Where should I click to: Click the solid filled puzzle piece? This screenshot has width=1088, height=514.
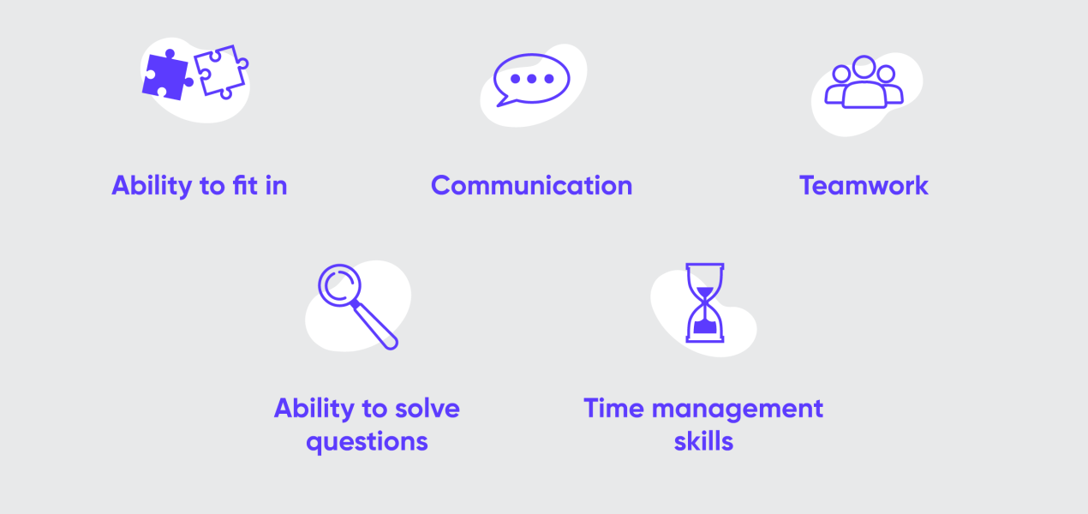coord(166,75)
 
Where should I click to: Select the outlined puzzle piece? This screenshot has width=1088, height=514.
coord(221,71)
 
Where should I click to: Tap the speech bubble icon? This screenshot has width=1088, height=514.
coord(531,80)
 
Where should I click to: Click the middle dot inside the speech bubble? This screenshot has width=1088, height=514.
coord(532,79)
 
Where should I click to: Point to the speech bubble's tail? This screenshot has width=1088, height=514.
coord(503,100)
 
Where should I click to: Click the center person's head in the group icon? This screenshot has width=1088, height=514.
coord(864,67)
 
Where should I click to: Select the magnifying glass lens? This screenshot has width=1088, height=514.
coord(339,285)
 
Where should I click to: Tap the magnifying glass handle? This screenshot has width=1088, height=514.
coord(375,326)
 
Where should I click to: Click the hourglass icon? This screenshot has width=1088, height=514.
coord(705,302)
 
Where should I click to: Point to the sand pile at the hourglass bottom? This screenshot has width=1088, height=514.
coord(705,326)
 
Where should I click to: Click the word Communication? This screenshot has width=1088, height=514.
coord(531,186)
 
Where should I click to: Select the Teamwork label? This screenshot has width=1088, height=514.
coord(864,186)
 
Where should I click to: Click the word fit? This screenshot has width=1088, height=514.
coord(245,185)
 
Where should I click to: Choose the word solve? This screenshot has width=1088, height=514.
coord(427,408)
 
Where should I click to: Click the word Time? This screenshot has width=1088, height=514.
coord(613,408)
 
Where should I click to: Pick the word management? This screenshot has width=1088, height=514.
coord(738,409)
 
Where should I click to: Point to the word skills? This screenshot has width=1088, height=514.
coord(704,442)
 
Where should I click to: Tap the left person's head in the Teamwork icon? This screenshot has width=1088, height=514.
coord(841,75)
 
